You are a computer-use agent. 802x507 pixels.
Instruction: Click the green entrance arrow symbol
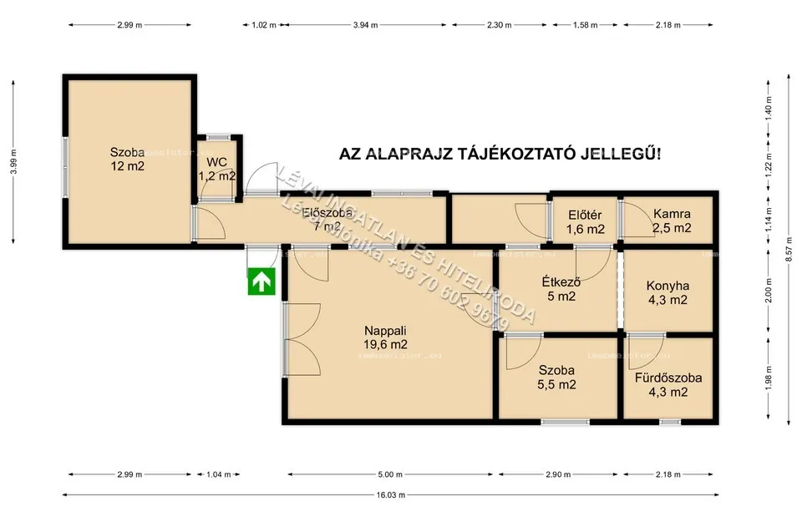262,282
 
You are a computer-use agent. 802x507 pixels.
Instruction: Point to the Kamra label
672,214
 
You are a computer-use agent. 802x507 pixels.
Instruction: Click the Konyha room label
667,286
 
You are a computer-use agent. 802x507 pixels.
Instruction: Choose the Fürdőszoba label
667,378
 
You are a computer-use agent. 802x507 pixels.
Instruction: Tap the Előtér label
585,214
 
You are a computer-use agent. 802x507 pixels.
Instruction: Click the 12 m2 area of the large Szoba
127,166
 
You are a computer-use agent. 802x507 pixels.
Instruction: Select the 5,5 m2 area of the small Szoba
556,384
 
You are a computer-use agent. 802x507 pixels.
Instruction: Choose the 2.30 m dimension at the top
499,25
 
